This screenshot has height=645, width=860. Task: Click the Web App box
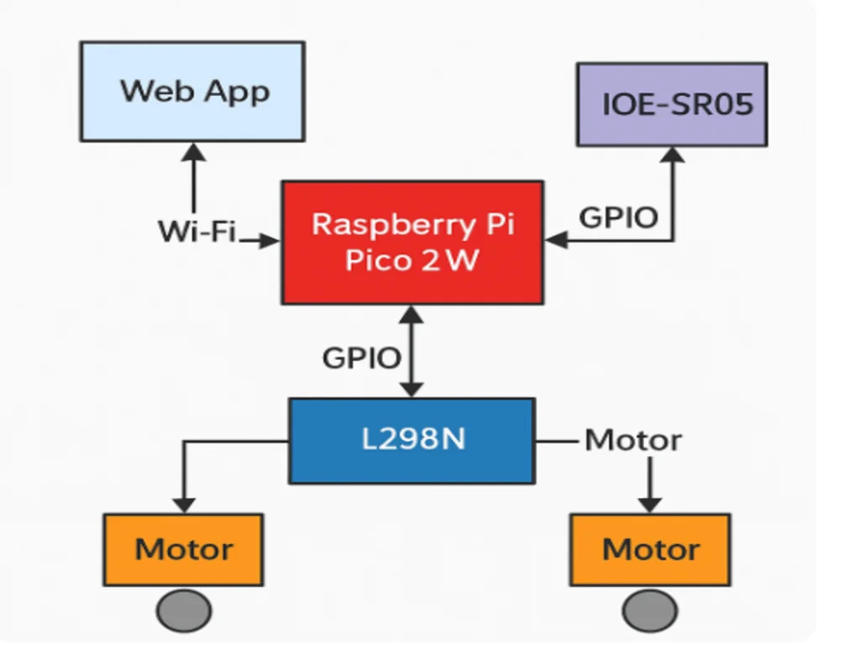pos(192,92)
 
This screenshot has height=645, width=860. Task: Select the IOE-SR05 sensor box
pos(672,104)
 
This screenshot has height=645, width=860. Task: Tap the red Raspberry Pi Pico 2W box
pos(412,243)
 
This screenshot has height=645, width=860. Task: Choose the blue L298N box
pos(412,441)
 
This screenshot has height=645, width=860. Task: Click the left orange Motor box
pos(183,549)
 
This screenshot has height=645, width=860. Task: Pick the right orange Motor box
pos(650,549)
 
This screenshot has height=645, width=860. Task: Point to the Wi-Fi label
pos(197,231)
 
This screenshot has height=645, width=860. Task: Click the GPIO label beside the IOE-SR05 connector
pos(618,218)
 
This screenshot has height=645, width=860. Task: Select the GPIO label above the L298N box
pos(361,358)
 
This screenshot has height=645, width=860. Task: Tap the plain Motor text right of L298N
pos(633,440)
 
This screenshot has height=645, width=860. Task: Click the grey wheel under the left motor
pos(184,611)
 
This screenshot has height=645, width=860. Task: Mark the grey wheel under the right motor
pos(650,611)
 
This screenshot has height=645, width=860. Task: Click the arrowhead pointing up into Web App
pos(194,152)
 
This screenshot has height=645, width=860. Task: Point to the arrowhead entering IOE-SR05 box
pos(673,155)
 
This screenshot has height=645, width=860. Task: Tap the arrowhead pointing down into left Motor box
pos(184,505)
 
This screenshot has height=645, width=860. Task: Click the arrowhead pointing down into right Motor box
pos(650,505)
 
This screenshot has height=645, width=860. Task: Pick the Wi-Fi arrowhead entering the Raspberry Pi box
pos(270,240)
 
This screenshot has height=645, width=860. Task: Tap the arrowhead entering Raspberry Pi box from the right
pos(556,239)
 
